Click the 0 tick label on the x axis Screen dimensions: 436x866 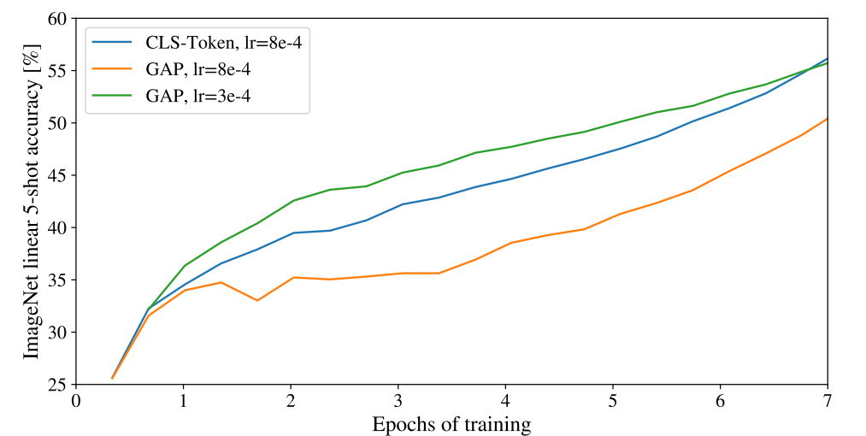[x=76, y=401]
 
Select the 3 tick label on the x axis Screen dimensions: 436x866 [x=398, y=401]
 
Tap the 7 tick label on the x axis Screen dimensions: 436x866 [x=828, y=401]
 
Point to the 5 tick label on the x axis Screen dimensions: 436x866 [x=613, y=401]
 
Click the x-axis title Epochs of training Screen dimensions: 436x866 [x=451, y=423]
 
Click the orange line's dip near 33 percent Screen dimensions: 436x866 [x=257, y=300]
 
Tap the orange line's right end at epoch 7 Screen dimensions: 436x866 [x=827, y=119]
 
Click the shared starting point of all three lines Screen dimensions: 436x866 [x=112, y=378]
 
